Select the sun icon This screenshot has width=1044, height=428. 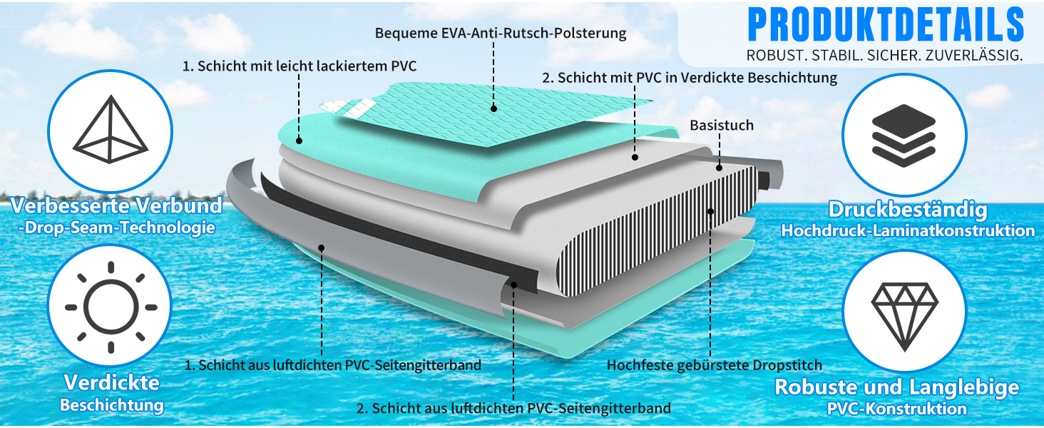[111, 307]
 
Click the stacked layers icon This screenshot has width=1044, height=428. [904, 136]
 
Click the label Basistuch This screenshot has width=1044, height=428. [722, 125]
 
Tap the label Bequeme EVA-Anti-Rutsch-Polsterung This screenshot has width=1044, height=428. [501, 33]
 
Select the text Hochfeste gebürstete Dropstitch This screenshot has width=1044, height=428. [714, 365]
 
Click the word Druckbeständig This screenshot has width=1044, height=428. [908, 209]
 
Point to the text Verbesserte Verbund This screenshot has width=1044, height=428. [116, 205]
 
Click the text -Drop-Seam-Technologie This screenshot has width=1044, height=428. [117, 228]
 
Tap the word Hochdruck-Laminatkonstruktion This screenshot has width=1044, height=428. [908, 230]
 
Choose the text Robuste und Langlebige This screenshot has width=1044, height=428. [896, 387]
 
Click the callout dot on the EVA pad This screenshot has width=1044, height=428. [493, 108]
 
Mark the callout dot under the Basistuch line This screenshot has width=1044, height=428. [719, 168]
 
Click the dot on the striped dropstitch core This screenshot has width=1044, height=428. [711, 212]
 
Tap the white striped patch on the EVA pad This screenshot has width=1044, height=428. [349, 108]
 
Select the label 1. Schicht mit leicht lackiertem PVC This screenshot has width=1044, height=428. [300, 66]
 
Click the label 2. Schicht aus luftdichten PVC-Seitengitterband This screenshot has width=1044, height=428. [513, 409]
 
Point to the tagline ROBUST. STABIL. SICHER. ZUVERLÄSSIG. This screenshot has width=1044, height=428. [884, 56]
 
